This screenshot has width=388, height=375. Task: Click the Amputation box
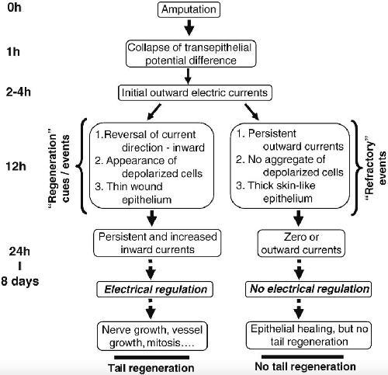tap(189, 9)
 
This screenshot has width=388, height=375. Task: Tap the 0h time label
tap(14, 8)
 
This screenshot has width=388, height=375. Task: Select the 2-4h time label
tap(18, 92)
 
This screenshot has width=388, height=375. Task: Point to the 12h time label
tap(16, 166)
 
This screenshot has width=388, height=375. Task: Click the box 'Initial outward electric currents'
tap(195, 92)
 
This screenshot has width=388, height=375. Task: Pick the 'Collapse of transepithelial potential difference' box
tap(191, 54)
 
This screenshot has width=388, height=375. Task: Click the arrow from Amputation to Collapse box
tap(189, 27)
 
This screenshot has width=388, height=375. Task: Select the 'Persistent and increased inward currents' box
tap(158, 243)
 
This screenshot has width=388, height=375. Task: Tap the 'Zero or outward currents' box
tap(301, 243)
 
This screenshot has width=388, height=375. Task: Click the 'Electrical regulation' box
tap(155, 290)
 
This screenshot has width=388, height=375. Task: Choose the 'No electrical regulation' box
tap(308, 289)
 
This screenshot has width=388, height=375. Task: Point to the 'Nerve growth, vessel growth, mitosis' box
tap(152, 336)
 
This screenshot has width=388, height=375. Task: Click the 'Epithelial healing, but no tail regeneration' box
tap(309, 335)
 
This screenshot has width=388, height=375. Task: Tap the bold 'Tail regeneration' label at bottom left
tap(151, 368)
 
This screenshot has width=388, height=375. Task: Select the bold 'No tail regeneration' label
tap(305, 366)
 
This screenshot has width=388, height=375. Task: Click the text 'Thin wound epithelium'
tap(133, 193)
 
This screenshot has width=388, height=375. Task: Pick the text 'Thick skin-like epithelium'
tap(275, 192)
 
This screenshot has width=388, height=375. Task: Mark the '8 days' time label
tap(20, 281)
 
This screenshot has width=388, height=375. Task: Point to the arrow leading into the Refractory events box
tap(252, 112)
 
